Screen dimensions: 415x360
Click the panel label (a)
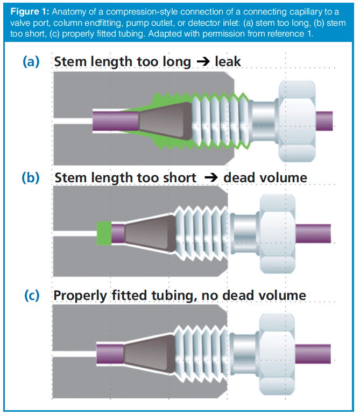31,61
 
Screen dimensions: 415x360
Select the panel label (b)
31,177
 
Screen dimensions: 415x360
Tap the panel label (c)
31,295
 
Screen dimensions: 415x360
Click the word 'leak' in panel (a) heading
228,62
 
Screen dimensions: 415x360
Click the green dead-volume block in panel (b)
104,233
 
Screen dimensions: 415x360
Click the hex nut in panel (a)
295,119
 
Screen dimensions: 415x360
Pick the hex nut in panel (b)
277,233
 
